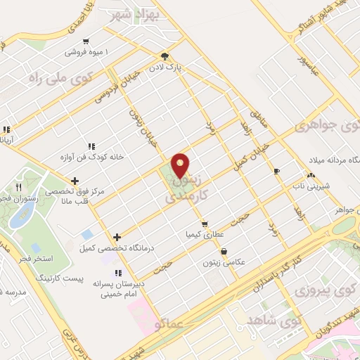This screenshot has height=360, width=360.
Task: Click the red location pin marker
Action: coord(181,167)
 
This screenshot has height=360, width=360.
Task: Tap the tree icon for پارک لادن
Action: coord(165,56)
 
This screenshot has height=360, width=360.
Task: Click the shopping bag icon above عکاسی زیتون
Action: coord(224,251)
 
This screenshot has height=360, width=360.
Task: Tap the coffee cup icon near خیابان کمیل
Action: coord(276,171)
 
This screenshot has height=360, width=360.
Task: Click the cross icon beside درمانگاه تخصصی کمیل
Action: coord(117,237)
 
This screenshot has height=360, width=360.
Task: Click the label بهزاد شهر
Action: coord(134,13)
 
